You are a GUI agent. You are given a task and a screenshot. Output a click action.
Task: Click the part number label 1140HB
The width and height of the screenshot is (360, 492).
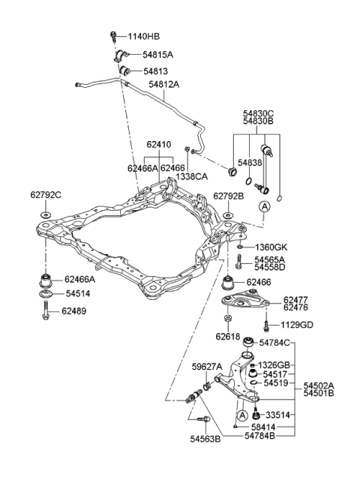click(x=145, y=37)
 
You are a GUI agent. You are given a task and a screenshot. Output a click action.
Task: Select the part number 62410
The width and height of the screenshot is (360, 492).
click(x=158, y=145)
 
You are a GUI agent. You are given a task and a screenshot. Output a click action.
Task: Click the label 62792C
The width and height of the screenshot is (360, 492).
click(x=46, y=196)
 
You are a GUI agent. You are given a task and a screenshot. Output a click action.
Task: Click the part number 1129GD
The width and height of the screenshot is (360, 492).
click(x=298, y=325)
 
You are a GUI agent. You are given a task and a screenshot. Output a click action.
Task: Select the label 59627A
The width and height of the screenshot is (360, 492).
click(x=206, y=367)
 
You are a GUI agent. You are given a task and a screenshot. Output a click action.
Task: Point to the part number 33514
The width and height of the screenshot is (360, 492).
click(x=277, y=415)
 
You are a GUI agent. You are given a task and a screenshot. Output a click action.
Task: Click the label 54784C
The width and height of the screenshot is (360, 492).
click(x=274, y=343)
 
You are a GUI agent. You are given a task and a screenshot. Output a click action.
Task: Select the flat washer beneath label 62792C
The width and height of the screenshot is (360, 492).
click(x=43, y=216)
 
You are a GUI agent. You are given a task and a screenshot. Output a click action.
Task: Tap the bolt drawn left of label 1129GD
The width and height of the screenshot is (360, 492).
click(x=266, y=325)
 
